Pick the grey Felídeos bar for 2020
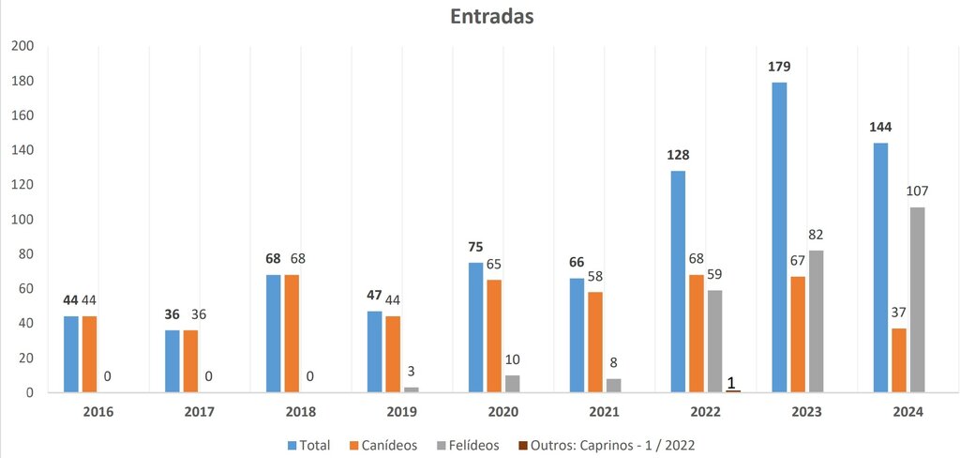512,384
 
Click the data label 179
779,69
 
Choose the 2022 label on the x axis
706,412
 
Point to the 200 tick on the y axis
22,46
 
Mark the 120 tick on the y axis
22,185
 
